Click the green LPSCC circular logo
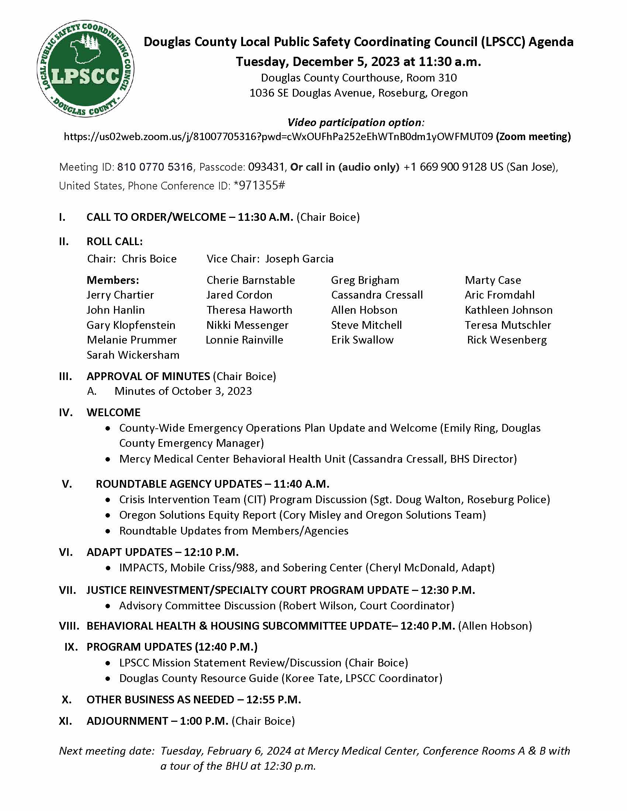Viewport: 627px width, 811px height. tap(86, 69)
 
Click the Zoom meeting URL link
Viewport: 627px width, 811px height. tap(278, 137)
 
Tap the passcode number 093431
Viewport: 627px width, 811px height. tap(266, 167)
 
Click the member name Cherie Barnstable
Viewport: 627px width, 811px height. tap(251, 280)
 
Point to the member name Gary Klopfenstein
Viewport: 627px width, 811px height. tap(131, 325)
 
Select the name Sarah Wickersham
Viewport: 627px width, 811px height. tap(133, 355)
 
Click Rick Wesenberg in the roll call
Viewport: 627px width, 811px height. tap(507, 340)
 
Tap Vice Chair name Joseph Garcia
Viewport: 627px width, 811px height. tap(299, 259)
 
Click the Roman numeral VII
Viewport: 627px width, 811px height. tap(67, 590)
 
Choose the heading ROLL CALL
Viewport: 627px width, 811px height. tap(114, 241)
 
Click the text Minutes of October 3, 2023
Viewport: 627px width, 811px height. tap(183, 391)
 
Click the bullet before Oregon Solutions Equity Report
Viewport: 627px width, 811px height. tap(108, 515)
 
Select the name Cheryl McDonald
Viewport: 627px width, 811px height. tap(412, 568)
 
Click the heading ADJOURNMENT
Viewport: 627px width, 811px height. tap(127, 721)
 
